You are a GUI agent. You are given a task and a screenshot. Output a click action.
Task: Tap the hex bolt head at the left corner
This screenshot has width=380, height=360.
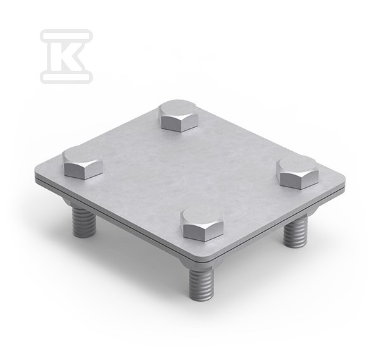pos(83,163)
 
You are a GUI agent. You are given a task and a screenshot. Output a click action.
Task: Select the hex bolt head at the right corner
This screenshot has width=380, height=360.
pos(298,172)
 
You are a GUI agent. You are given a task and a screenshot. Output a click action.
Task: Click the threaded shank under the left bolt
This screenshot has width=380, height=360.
pos(84,221)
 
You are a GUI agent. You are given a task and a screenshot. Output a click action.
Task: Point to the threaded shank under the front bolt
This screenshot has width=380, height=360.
pos(201,283)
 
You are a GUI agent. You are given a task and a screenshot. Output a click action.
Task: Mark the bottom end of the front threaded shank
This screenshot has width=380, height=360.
pos(201,299)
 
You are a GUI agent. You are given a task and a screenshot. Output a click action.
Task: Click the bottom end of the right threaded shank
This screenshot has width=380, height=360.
pos(295,246)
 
